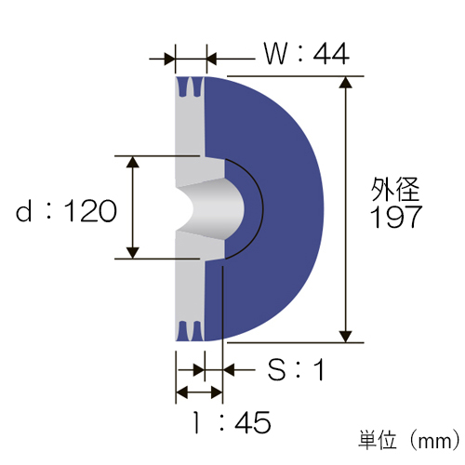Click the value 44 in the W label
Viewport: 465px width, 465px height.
pos(331,54)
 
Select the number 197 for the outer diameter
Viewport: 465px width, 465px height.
pos(396,217)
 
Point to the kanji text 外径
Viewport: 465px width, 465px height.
pos(395,189)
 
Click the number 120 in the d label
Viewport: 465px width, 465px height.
pos(90,211)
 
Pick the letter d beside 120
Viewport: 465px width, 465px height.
pos(23,210)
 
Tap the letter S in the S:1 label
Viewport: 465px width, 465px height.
pos(276,369)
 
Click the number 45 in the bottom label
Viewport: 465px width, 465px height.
pos(253,422)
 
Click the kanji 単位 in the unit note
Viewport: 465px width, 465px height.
pos(378,440)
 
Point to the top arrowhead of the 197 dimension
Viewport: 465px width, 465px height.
pos(345,83)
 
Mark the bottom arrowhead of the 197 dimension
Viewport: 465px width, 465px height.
pos(345,337)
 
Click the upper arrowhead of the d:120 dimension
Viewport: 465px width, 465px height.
pos(133,162)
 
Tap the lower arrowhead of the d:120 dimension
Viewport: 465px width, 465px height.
pos(133,253)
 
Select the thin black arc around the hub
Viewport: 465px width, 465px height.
pos(263,208)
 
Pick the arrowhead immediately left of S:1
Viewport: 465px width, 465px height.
pos(229,369)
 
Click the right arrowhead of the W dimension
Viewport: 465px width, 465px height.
pos(212,59)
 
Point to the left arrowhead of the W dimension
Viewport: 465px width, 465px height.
pos(169,59)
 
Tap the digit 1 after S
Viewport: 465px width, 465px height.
pos(319,369)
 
